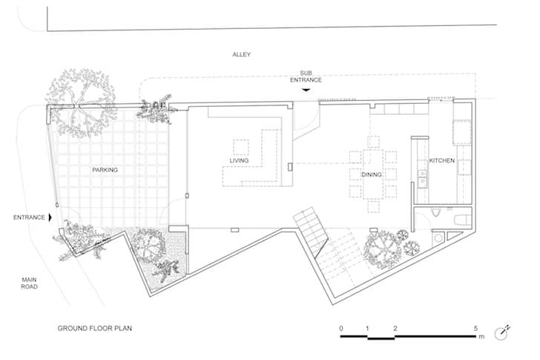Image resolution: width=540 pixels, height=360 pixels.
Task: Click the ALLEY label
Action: pos(241,54)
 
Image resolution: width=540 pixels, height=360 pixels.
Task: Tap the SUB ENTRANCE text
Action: pos(306,76)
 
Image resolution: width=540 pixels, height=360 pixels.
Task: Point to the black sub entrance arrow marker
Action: pos(306,91)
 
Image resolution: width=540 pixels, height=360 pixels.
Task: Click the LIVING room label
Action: pos(239,160)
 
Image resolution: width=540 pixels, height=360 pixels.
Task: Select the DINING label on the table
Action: pos(371,174)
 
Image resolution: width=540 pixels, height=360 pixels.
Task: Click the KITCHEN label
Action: pos(442,160)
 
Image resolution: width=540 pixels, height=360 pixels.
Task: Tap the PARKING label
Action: pos(105,170)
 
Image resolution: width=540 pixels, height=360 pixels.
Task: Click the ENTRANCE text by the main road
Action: pos(29,217)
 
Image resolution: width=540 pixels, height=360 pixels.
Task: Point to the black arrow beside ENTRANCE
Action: pos(50,217)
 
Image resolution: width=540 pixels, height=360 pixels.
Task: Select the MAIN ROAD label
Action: pos(29,284)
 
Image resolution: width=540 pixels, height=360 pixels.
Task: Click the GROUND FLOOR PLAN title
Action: pos(95,328)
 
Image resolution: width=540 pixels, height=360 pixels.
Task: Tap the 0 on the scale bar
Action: pos(341,328)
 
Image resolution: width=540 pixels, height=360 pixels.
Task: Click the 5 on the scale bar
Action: pos(476,328)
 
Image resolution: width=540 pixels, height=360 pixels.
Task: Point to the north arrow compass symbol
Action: pos(501,333)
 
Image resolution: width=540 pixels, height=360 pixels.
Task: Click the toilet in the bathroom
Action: pos(435,212)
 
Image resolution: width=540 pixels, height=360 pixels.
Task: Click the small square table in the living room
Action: pos(241,147)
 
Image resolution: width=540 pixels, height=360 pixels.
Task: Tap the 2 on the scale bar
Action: pos(395,328)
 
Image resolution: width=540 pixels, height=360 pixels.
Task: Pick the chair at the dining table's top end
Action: pos(373,142)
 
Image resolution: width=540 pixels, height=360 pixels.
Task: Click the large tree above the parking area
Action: pos(81,102)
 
